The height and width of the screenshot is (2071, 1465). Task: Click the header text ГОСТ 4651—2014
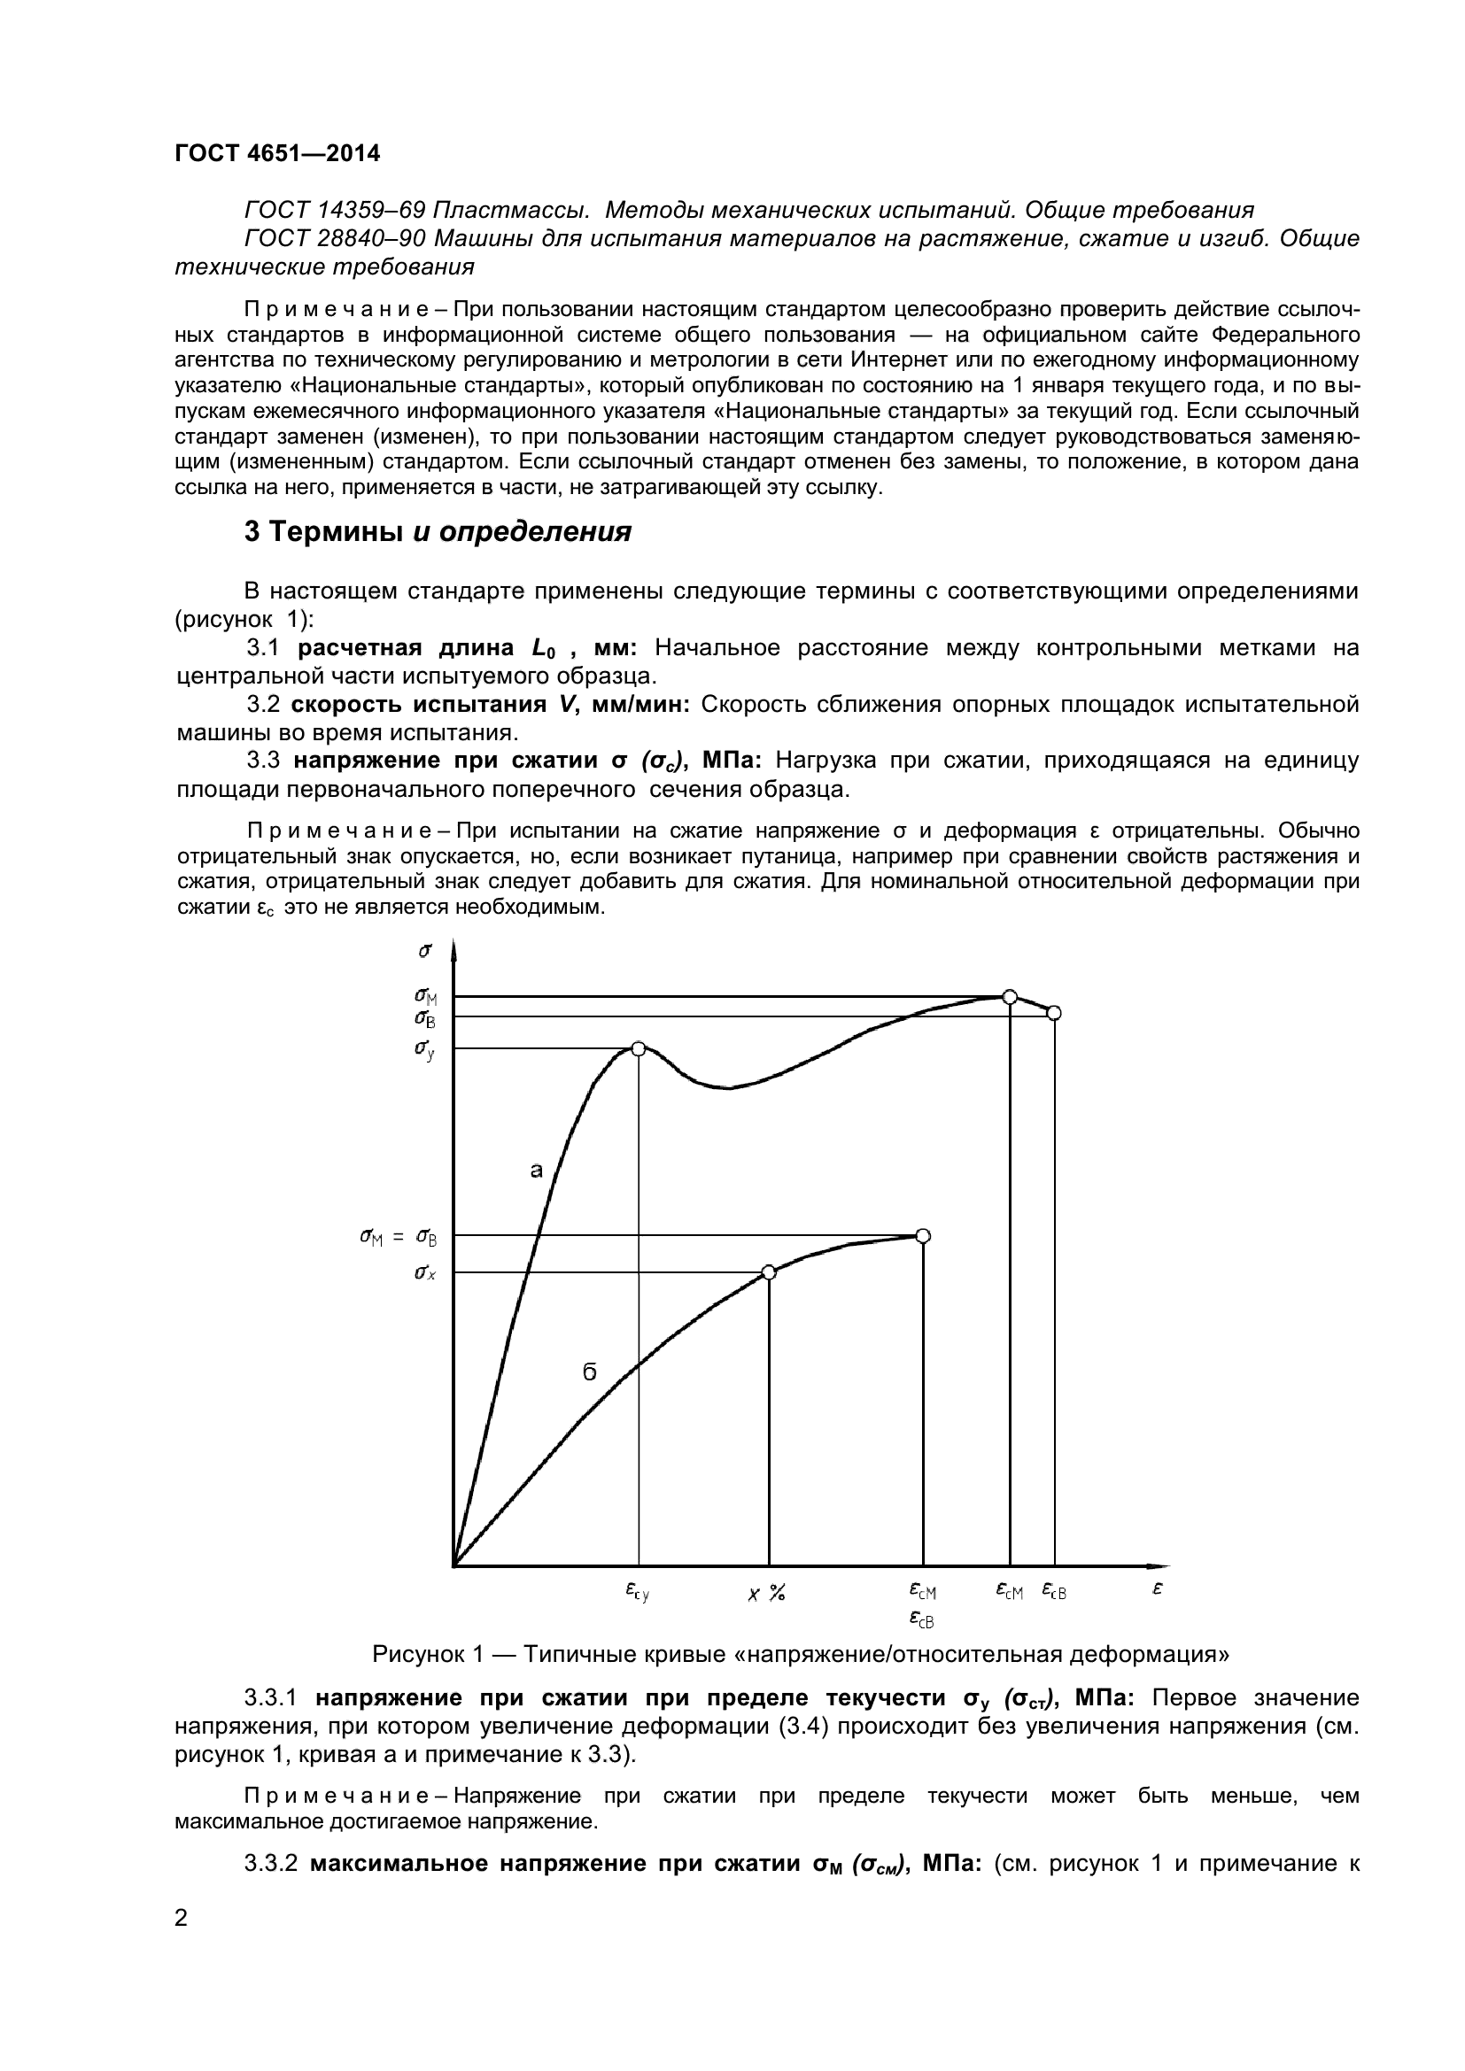277,153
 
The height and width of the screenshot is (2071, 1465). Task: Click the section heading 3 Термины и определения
438,532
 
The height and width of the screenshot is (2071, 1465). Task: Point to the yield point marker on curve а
638,1048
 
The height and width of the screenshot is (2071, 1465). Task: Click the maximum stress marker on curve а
1011,997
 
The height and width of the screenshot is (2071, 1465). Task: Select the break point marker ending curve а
1054,1013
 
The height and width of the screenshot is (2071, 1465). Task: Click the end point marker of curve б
923,1236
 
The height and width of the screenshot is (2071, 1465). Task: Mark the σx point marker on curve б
769,1272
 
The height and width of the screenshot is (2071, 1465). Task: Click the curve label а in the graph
536,1171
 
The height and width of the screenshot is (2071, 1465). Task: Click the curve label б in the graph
589,1373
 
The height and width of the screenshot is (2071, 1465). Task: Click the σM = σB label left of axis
398,1239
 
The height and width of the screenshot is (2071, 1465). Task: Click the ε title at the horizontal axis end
1158,1588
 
